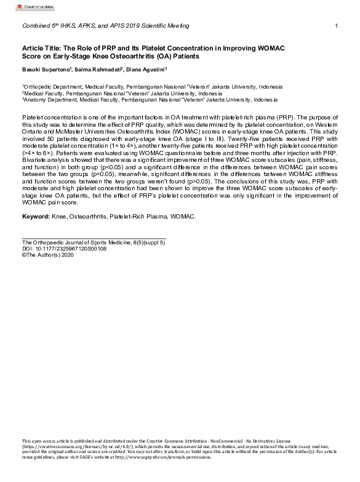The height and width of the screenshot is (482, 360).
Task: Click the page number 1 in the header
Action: pyautogui.click(x=336, y=25)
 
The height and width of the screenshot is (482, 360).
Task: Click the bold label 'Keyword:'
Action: pyautogui.click(x=35, y=217)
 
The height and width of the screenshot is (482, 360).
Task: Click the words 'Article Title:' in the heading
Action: pyautogui.click(x=41, y=47)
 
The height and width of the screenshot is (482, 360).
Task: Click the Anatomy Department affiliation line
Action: pyautogui.click(x=150, y=99)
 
